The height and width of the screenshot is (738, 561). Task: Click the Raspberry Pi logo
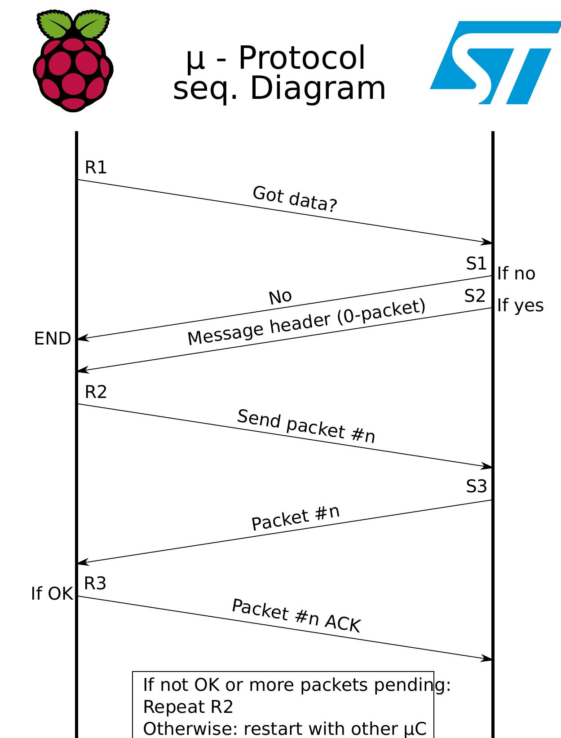click(x=73, y=61)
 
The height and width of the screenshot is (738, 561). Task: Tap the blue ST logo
click(x=494, y=63)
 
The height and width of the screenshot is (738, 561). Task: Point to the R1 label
click(x=96, y=168)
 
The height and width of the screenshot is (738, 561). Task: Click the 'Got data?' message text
click(x=295, y=199)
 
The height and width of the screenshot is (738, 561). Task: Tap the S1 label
click(x=476, y=264)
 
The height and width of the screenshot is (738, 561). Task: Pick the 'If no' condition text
click(x=516, y=274)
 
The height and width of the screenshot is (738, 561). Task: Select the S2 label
click(x=475, y=296)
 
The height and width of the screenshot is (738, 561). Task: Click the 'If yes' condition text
click(x=520, y=305)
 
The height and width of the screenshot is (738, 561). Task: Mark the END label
click(x=53, y=339)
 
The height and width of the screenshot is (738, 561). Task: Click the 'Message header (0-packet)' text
click(x=306, y=322)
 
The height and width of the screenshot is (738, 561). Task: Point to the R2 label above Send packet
click(x=96, y=392)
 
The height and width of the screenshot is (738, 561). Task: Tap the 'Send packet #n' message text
click(x=306, y=426)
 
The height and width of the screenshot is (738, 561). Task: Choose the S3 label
click(x=476, y=486)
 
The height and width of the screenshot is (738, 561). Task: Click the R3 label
click(x=95, y=583)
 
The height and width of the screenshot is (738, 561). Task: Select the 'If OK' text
click(x=52, y=594)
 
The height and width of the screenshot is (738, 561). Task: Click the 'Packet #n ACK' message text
click(x=296, y=616)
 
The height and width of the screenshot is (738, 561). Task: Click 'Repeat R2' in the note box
click(x=188, y=707)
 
